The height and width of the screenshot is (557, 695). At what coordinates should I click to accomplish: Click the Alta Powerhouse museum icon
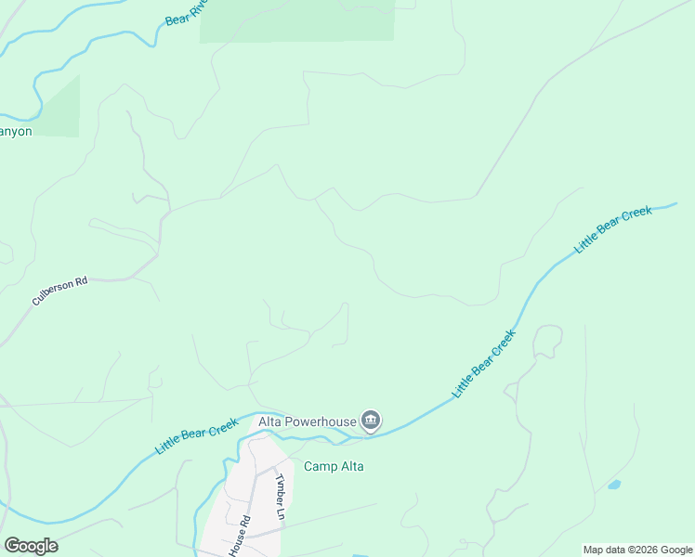click(372, 421)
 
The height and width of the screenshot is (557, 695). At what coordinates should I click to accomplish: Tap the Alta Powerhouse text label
click(308, 421)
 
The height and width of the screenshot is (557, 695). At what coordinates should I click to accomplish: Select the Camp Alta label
click(334, 466)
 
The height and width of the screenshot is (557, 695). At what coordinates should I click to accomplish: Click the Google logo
click(31, 546)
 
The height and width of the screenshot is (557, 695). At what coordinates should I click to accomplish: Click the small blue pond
click(613, 485)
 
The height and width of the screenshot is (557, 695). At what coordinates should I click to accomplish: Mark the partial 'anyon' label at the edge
click(16, 132)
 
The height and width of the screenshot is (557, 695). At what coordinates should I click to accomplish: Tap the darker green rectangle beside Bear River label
click(297, 20)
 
